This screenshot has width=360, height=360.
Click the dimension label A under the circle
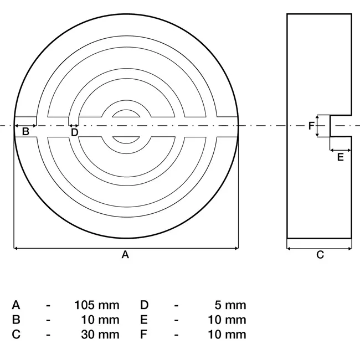[125, 255]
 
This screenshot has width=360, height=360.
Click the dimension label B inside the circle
[25, 132]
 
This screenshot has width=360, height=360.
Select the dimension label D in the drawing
[75, 132]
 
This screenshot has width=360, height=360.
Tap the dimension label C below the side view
[320, 255]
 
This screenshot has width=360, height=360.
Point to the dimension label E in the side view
[340, 157]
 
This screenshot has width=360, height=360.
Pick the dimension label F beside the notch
[311, 126]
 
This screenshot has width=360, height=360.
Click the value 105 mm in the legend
[97, 305]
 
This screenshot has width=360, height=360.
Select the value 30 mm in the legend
[100, 334]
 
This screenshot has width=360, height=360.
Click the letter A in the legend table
[16, 305]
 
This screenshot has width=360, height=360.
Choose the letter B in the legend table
[16, 320]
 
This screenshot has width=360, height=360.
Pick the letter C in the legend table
[16, 334]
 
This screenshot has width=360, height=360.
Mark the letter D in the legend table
[144, 305]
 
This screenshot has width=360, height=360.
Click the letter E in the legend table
[144, 320]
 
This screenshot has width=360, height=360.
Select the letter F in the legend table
[144, 334]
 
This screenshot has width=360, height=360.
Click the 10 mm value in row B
[100, 320]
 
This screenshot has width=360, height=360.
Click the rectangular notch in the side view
[340, 126]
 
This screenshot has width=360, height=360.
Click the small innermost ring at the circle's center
[126, 126]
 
